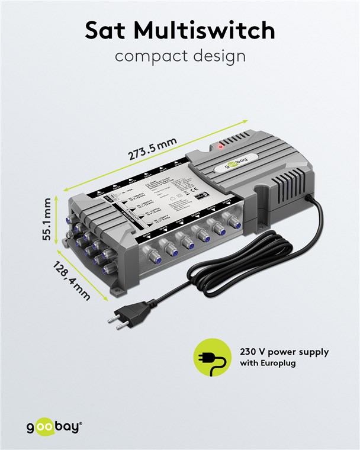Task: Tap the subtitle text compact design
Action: click(179, 57)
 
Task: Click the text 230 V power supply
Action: click(284, 352)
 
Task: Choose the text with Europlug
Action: click(268, 364)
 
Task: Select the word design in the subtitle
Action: click(218, 57)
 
